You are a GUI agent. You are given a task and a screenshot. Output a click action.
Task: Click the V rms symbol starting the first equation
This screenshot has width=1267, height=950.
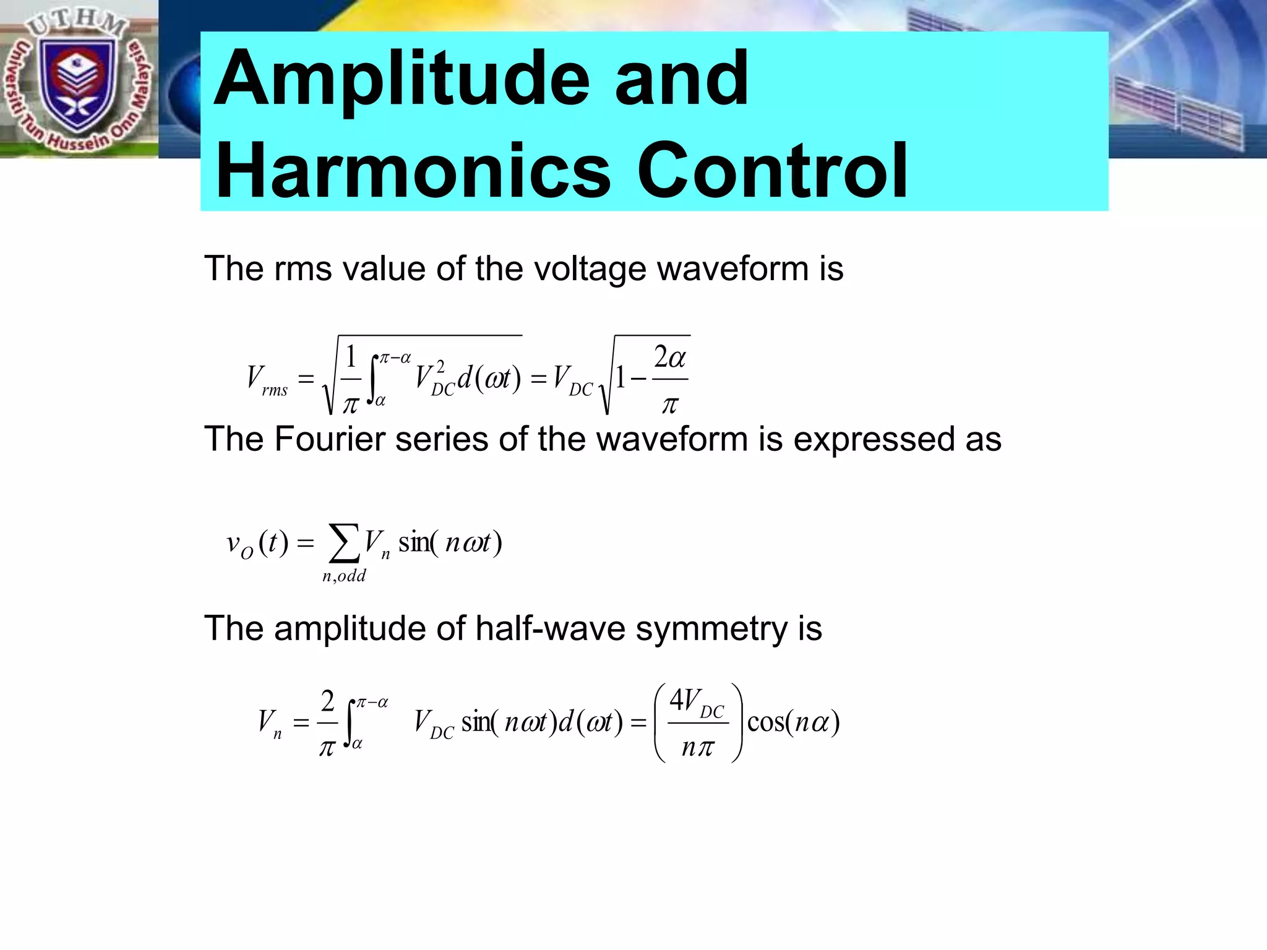click(x=266, y=379)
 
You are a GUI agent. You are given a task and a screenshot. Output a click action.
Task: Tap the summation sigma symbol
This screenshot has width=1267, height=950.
click(x=343, y=542)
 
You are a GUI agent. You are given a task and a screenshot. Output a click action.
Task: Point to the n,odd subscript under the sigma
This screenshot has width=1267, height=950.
click(x=344, y=576)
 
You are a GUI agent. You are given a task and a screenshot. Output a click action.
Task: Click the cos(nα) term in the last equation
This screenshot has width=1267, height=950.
click(x=793, y=722)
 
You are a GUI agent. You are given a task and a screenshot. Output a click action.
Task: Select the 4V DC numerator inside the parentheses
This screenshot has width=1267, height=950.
click(x=697, y=702)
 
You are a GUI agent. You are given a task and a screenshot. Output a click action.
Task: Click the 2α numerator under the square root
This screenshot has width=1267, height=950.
click(x=670, y=357)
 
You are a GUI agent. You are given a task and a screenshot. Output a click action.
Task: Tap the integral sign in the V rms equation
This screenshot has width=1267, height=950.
click(x=373, y=379)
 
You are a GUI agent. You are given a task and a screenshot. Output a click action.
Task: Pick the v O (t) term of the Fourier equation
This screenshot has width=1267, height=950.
click(x=257, y=544)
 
